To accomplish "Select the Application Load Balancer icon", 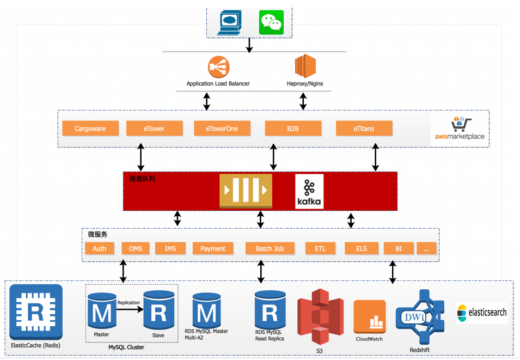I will pos(218,67).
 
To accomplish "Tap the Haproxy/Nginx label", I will pos(305,84).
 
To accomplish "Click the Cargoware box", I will pos(90,129).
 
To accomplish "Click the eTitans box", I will pos(363,129).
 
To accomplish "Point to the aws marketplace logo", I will pos(460,129).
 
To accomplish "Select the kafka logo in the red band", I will pos(309,191).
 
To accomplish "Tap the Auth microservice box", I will pos(100,248).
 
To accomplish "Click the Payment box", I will pos(212,248).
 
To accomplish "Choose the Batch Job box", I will pos(270,248).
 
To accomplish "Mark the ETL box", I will pos(320,248).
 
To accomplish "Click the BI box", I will pos(399,248).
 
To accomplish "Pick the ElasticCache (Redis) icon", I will pos(36,312).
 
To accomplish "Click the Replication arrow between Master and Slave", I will pos(129,309).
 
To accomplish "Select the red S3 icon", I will pos(320,317).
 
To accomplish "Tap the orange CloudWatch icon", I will pos(370,317).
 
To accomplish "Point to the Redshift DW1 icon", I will pos(420,316).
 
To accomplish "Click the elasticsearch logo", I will pos(481,313).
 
